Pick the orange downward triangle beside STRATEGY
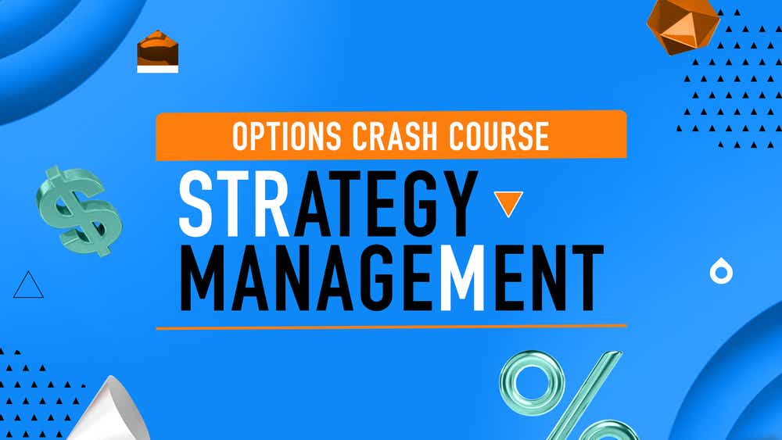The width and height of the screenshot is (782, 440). [x=509, y=203]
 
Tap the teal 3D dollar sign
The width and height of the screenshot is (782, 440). [x=77, y=210]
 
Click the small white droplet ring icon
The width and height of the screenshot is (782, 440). [x=720, y=271]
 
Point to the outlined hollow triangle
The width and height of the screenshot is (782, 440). [x=28, y=286]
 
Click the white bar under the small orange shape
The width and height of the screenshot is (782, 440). [x=157, y=69]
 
